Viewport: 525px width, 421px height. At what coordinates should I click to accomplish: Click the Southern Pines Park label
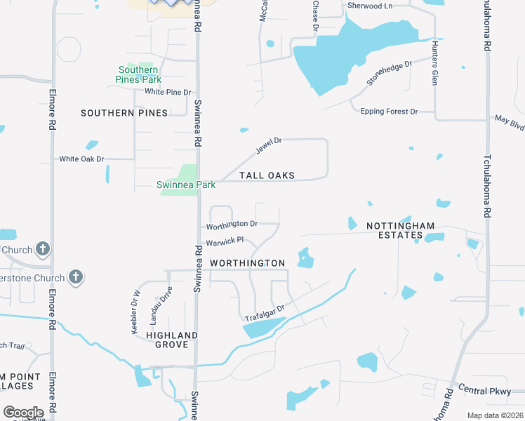[x=138, y=74]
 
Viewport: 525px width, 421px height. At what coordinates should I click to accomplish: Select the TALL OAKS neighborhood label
[x=267, y=175]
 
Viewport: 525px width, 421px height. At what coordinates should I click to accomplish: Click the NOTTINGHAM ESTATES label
[x=400, y=230]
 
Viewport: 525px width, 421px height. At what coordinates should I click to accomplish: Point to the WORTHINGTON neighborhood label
[x=248, y=263]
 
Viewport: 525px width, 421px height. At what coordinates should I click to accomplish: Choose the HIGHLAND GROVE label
[x=167, y=340]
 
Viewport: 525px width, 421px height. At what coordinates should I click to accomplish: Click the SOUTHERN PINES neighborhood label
[x=124, y=113]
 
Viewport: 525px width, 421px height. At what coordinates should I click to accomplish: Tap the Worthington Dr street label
[x=232, y=225]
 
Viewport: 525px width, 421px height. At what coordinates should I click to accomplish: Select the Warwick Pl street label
[x=225, y=241]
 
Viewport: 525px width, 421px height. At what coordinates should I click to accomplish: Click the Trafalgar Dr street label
[x=264, y=314]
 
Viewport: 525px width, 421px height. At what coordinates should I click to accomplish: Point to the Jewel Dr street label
[x=268, y=146]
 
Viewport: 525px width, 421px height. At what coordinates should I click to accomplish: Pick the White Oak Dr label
[x=81, y=159]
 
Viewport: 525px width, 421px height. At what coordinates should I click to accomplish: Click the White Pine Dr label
[x=168, y=92]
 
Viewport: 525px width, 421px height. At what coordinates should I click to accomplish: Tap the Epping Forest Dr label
[x=389, y=112]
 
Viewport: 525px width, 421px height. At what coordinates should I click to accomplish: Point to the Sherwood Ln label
[x=368, y=6]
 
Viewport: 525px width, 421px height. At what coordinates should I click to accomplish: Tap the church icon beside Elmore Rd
[x=42, y=249]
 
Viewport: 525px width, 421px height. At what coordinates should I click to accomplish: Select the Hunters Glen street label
[x=435, y=63]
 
